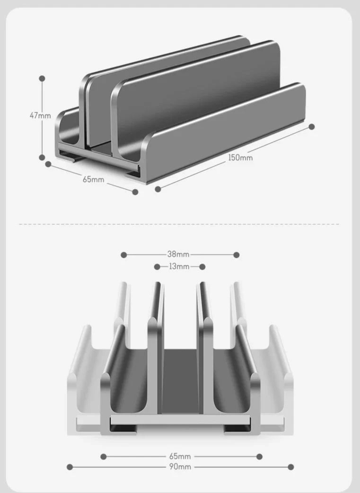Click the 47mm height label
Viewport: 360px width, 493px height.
40,115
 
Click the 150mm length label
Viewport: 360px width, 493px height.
241,158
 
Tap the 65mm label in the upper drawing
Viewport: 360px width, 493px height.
93,179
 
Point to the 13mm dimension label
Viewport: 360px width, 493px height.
179,267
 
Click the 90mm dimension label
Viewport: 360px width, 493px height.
180,467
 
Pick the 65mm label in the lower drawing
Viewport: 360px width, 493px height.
180,457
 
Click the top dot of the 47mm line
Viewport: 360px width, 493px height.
42,78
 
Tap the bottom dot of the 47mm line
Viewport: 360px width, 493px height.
42,158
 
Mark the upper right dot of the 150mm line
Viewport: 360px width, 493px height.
312,127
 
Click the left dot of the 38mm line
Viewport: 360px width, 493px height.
124,255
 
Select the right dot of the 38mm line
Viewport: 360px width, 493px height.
237,255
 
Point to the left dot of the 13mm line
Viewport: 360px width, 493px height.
157,267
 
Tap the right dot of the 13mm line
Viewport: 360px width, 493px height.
202,267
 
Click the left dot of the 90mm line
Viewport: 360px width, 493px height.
70,467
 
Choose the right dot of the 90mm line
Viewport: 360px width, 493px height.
291,467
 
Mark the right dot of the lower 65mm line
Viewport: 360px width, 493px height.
259,457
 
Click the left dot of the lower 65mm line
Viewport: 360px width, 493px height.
104,457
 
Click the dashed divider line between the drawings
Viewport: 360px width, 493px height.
180,224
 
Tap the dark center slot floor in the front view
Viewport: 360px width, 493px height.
180,379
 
